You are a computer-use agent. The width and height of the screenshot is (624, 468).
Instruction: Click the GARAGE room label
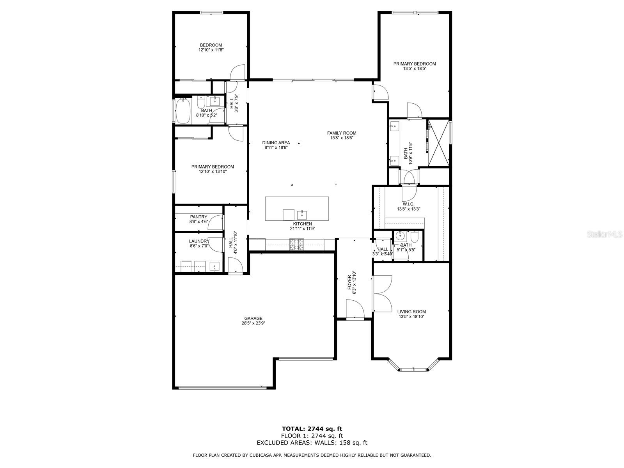click(x=253, y=318)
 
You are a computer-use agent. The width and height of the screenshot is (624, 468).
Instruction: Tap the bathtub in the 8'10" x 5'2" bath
click(x=183, y=111)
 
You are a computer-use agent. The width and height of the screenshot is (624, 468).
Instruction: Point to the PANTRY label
click(x=199, y=217)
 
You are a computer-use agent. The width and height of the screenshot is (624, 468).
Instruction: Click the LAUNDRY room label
click(x=199, y=241)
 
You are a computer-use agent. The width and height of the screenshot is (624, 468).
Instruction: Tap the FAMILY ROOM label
click(x=341, y=133)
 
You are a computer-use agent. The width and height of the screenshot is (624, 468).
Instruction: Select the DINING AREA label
click(x=276, y=143)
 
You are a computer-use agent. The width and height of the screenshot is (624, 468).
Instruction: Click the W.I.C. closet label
click(x=408, y=204)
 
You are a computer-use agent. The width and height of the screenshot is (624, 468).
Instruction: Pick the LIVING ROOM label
click(x=411, y=312)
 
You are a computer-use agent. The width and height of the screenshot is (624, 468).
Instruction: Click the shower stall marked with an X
click(x=438, y=142)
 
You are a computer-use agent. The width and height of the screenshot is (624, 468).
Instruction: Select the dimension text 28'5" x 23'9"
click(x=253, y=323)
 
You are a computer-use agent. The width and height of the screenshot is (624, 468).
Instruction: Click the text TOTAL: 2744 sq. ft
click(x=312, y=429)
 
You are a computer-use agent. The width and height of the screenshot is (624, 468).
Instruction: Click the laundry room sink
click(x=214, y=267)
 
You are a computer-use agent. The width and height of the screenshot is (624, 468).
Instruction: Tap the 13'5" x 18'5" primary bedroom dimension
click(x=415, y=69)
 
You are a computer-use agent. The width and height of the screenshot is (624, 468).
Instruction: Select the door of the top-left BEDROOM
click(x=238, y=73)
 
